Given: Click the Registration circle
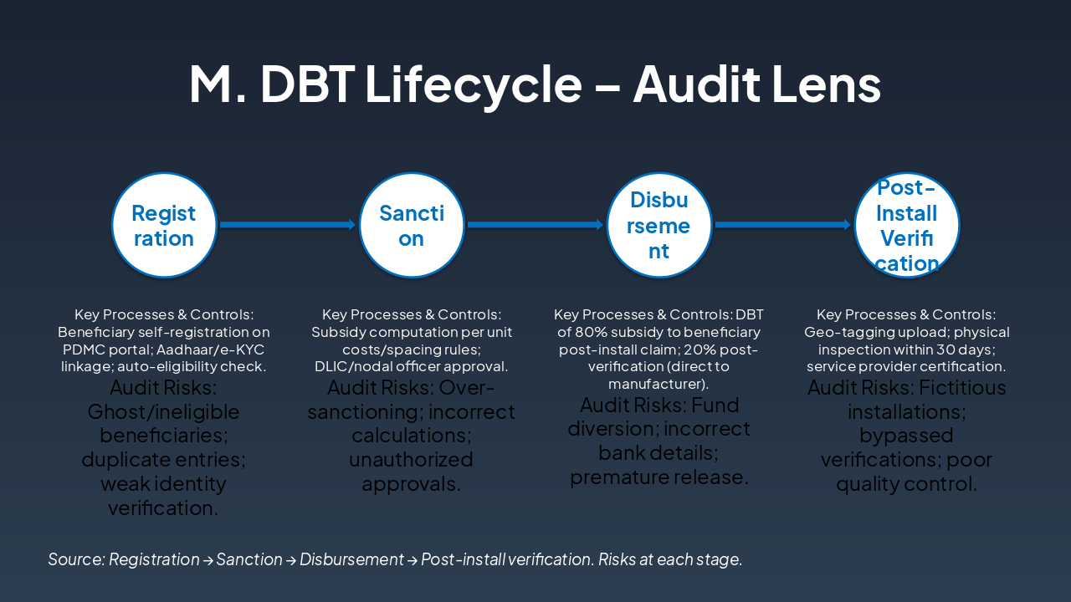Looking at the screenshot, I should pyautogui.click(x=164, y=225).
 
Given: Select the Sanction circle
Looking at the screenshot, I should pyautogui.click(x=412, y=225).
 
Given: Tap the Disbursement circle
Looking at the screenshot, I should pyautogui.click(x=659, y=225).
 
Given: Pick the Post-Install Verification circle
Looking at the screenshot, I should pyautogui.click(x=906, y=225).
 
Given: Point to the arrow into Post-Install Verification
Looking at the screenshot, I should pyautogui.click(x=783, y=225).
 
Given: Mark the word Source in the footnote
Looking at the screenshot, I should pyautogui.click(x=75, y=559).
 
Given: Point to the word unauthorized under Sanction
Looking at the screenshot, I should pyautogui.click(x=411, y=460).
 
